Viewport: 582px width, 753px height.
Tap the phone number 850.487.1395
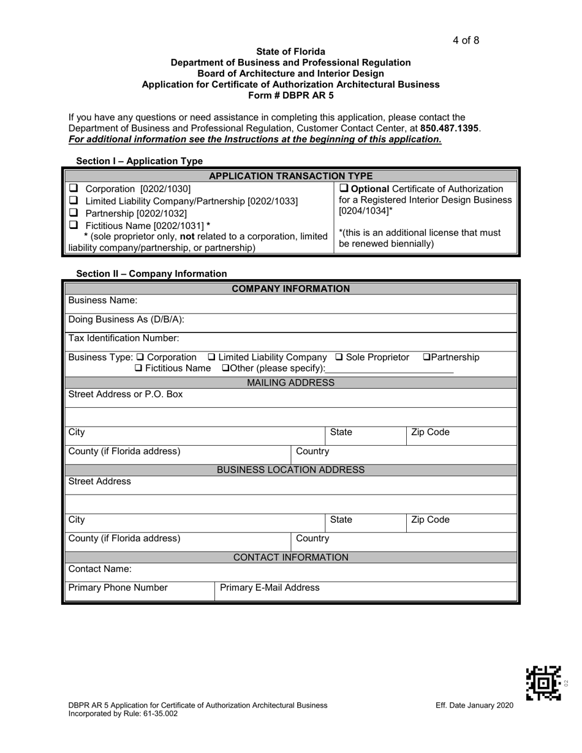click(450, 129)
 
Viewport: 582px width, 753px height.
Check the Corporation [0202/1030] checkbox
click(73, 189)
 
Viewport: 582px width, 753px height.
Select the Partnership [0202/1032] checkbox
click(73, 214)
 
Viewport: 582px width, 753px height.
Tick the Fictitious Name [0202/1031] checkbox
click(73, 227)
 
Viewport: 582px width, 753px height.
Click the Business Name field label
click(103, 301)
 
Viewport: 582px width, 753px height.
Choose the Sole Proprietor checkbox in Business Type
click(340, 358)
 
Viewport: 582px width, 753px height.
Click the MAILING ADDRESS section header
click(290, 383)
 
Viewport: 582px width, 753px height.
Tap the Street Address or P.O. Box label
click(126, 395)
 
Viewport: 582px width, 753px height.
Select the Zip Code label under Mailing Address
click(430, 432)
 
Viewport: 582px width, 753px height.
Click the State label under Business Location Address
click(341, 520)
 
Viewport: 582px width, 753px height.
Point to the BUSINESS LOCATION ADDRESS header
click(290, 470)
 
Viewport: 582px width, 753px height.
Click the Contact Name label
click(100, 569)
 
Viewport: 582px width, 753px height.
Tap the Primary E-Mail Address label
click(270, 588)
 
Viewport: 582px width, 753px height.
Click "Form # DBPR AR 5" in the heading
click(290, 95)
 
